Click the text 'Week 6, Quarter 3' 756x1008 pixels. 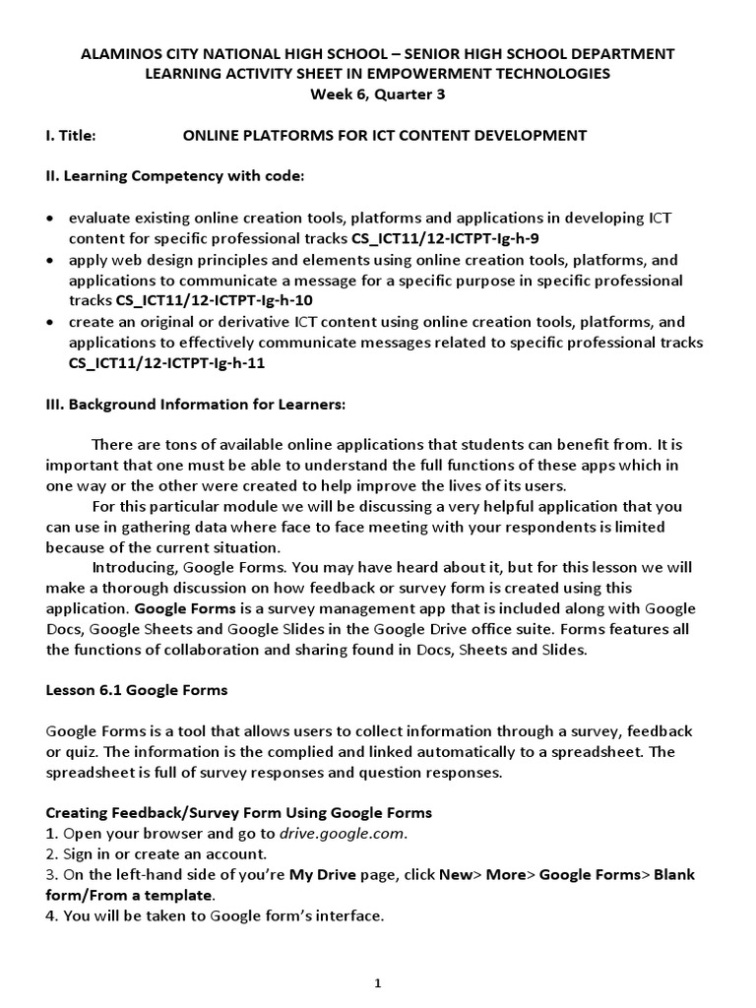click(378, 94)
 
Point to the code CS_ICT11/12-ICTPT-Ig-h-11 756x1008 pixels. click(166, 362)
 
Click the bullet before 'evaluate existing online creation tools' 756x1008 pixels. click(51, 219)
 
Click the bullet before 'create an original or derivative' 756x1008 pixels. click(51, 322)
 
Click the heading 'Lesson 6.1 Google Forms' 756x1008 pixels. click(137, 690)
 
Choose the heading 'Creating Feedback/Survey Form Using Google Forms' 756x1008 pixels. click(239, 812)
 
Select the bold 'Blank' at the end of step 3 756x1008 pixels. click(674, 874)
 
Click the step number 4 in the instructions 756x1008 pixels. click(50, 915)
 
